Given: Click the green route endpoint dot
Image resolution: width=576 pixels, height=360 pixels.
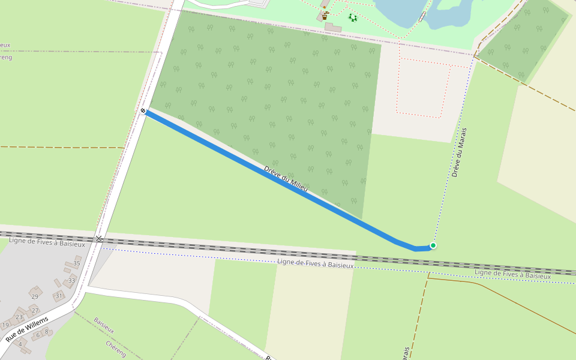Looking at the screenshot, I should click(433, 245).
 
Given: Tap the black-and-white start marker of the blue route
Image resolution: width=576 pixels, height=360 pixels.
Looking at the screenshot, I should click(143, 111).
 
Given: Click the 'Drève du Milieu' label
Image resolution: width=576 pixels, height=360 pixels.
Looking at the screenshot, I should click(286, 179).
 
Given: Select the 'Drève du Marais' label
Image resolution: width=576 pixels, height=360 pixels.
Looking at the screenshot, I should click(459, 152).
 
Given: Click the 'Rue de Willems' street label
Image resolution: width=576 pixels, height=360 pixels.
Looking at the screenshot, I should click(26, 330).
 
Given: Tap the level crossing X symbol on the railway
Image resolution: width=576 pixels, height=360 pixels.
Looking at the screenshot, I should click(99, 239).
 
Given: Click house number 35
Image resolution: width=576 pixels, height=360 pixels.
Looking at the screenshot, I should click(77, 263).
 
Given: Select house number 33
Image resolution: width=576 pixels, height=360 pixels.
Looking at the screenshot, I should click(72, 280).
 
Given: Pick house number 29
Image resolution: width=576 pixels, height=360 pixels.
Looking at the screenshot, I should click(35, 296).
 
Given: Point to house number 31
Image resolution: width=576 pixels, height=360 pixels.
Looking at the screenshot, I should click(59, 296).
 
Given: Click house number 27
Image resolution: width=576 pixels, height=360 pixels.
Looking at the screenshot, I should click(35, 310).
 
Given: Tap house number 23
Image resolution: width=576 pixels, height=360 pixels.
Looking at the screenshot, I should click(19, 317).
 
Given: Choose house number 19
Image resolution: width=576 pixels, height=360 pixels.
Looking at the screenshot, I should click(5, 325).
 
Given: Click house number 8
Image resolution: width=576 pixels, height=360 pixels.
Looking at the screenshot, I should click(46, 331).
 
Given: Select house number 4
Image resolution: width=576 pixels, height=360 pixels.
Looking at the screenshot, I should click(20, 344).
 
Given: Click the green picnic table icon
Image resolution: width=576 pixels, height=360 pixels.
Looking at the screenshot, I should click(353, 18).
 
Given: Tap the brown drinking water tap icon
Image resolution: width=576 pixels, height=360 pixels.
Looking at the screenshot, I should click(325, 16).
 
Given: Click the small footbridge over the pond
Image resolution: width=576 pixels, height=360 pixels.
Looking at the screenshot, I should click(424, 16).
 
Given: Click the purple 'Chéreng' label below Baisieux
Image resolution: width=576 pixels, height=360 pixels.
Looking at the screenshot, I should click(115, 349).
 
